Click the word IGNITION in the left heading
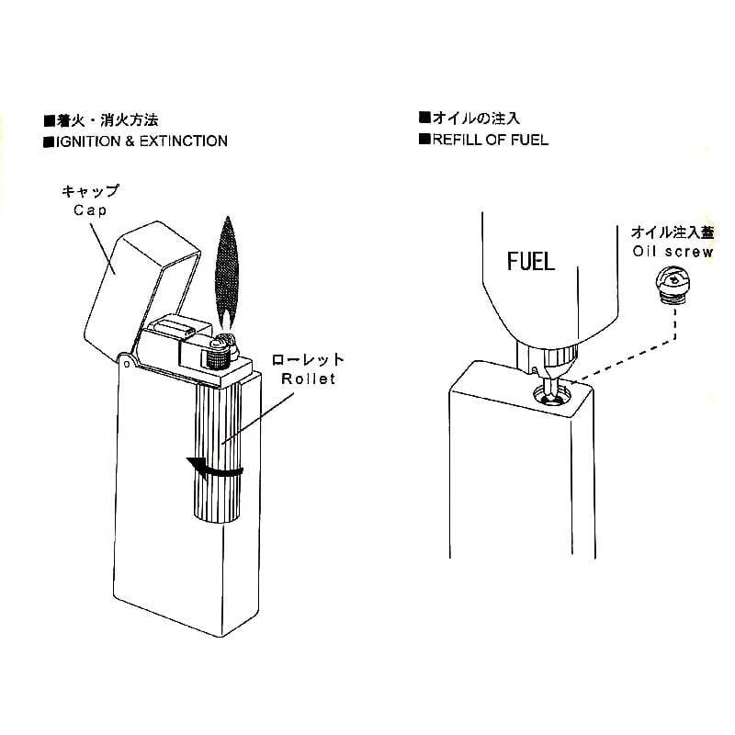(x=88, y=141)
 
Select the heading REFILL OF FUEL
(x=491, y=140)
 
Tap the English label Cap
(x=90, y=210)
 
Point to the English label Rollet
(x=309, y=379)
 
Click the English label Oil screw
(x=673, y=252)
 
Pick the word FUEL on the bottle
(x=531, y=262)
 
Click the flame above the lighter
(x=227, y=272)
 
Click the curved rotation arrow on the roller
(x=216, y=469)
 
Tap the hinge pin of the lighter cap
(x=126, y=364)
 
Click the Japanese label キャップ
(x=90, y=191)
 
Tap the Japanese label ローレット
(x=309, y=360)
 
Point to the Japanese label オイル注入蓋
(x=673, y=232)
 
